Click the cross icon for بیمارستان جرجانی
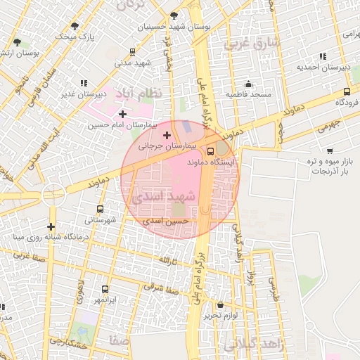(x=167, y=135)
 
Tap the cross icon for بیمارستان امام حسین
(x=123, y=113)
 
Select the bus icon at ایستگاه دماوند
(x=211, y=150)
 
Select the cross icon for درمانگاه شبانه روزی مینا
(x=51, y=226)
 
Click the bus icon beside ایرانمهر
(x=105, y=289)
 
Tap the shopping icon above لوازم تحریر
(x=221, y=305)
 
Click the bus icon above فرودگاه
(x=347, y=91)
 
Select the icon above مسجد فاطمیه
(x=247, y=82)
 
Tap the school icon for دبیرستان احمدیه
(x=322, y=56)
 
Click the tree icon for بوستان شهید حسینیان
(x=174, y=15)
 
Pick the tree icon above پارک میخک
(x=75, y=25)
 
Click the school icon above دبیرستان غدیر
(x=84, y=82)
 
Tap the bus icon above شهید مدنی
(x=133, y=52)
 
